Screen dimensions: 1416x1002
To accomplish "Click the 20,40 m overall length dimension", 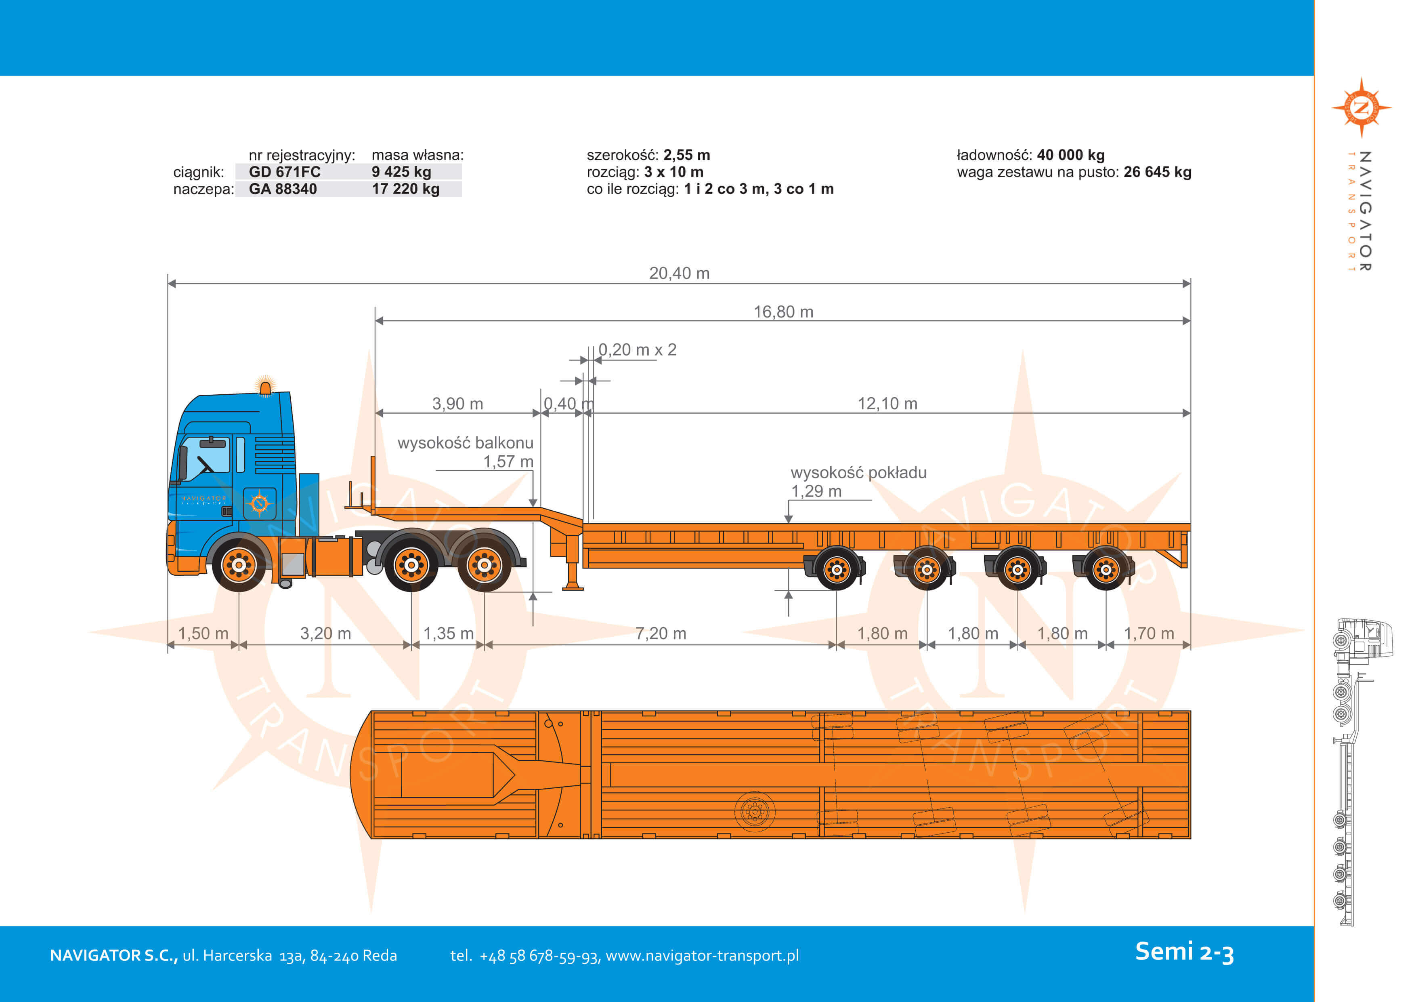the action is (x=679, y=274).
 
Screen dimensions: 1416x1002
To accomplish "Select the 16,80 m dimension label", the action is (x=783, y=312).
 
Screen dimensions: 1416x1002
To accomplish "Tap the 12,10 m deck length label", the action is (x=887, y=404).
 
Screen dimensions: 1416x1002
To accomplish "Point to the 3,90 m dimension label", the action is (x=457, y=404).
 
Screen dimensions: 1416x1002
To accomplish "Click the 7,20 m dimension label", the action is (x=661, y=634).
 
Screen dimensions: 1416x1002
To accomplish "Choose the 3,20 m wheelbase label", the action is (x=325, y=634).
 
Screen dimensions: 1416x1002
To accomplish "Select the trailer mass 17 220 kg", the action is (x=405, y=189).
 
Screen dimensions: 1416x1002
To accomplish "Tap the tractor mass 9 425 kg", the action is (x=401, y=172).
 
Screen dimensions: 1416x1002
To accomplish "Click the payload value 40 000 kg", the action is (x=1071, y=155).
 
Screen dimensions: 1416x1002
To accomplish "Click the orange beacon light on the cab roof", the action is (x=265, y=386).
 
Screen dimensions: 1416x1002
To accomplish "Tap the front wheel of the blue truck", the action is (x=239, y=564).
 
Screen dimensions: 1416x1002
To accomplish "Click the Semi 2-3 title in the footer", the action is (x=1184, y=952).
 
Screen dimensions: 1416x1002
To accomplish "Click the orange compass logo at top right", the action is (x=1361, y=108).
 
